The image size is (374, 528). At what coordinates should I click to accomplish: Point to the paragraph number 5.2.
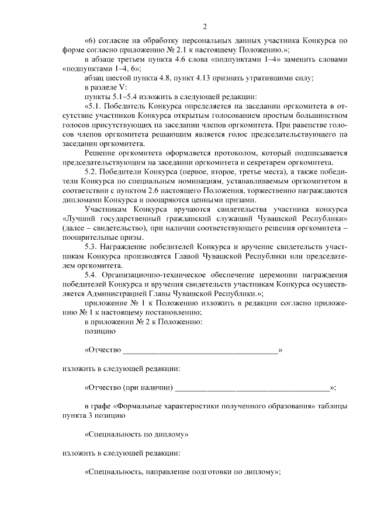point(92,172)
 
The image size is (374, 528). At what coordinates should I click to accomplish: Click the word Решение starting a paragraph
point(100,153)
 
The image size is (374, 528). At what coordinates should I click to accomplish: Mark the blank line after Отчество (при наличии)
point(252,387)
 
